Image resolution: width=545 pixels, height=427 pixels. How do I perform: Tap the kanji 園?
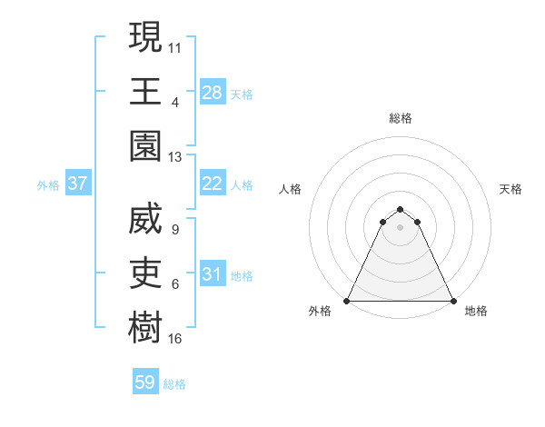coord(145,147)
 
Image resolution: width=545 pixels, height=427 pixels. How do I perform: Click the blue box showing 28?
coord(213,92)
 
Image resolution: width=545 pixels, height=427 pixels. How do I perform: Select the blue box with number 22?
coord(213,184)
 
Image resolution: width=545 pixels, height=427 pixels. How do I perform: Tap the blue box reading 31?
coord(213,274)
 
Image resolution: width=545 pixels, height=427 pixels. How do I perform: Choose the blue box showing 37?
coord(78,184)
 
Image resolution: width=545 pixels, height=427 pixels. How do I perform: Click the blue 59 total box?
coord(145,382)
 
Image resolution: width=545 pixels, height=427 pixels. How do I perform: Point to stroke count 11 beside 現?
coord(175,46)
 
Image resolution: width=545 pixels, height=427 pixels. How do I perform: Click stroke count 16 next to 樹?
coord(175,340)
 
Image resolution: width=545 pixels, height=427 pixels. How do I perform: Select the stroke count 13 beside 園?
coord(175,157)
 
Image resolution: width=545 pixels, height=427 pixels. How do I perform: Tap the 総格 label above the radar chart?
coord(400,118)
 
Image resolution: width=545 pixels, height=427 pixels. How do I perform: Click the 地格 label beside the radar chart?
coord(476,311)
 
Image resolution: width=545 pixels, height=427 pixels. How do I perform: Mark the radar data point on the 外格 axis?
coord(347,301)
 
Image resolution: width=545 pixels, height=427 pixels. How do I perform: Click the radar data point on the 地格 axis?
coord(452,301)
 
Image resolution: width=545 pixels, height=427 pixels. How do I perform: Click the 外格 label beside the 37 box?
coord(48,184)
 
